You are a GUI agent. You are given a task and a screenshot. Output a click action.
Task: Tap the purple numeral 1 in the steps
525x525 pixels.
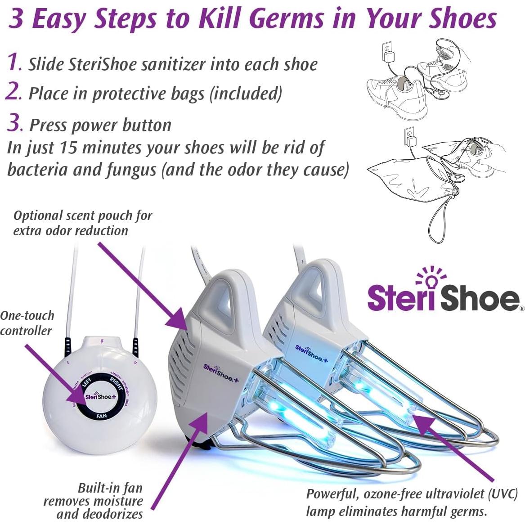coord(14,63)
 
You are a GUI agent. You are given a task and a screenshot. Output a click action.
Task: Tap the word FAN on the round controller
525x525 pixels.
coord(101,417)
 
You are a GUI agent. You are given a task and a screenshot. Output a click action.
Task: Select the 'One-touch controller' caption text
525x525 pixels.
coord(27,323)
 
